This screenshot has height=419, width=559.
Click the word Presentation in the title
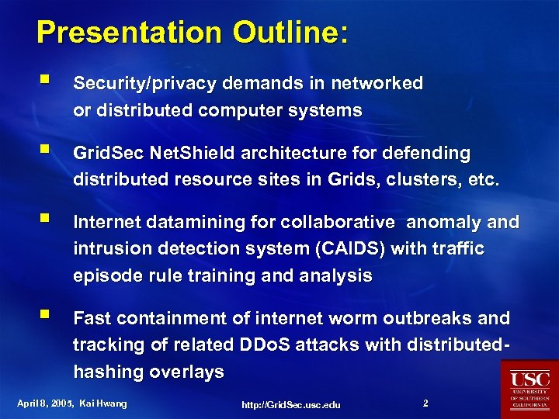(117, 33)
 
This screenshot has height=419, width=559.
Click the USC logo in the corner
(529, 389)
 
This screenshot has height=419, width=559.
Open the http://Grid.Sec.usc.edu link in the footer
(291, 405)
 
